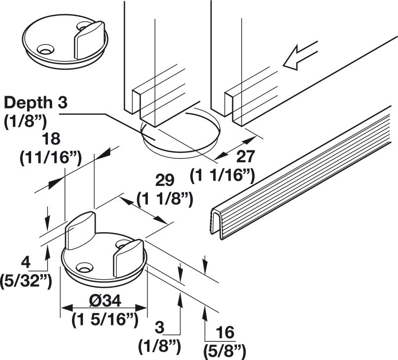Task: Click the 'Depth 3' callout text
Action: tap(36, 103)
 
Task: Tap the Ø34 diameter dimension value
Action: tap(105, 301)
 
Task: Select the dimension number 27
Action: tap(246, 156)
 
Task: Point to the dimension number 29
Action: tap(165, 180)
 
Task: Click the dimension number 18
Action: tap(51, 139)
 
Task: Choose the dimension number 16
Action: tap(225, 332)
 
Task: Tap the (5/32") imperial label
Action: tap(26, 281)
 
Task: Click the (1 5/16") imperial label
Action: tap(105, 319)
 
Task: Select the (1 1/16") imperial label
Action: tap(222, 175)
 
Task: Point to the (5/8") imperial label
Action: tap(224, 351)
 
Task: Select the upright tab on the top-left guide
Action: tap(89, 39)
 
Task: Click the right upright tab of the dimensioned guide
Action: tap(129, 257)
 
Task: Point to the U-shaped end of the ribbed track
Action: tap(217, 223)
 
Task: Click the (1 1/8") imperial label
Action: tap(165, 199)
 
